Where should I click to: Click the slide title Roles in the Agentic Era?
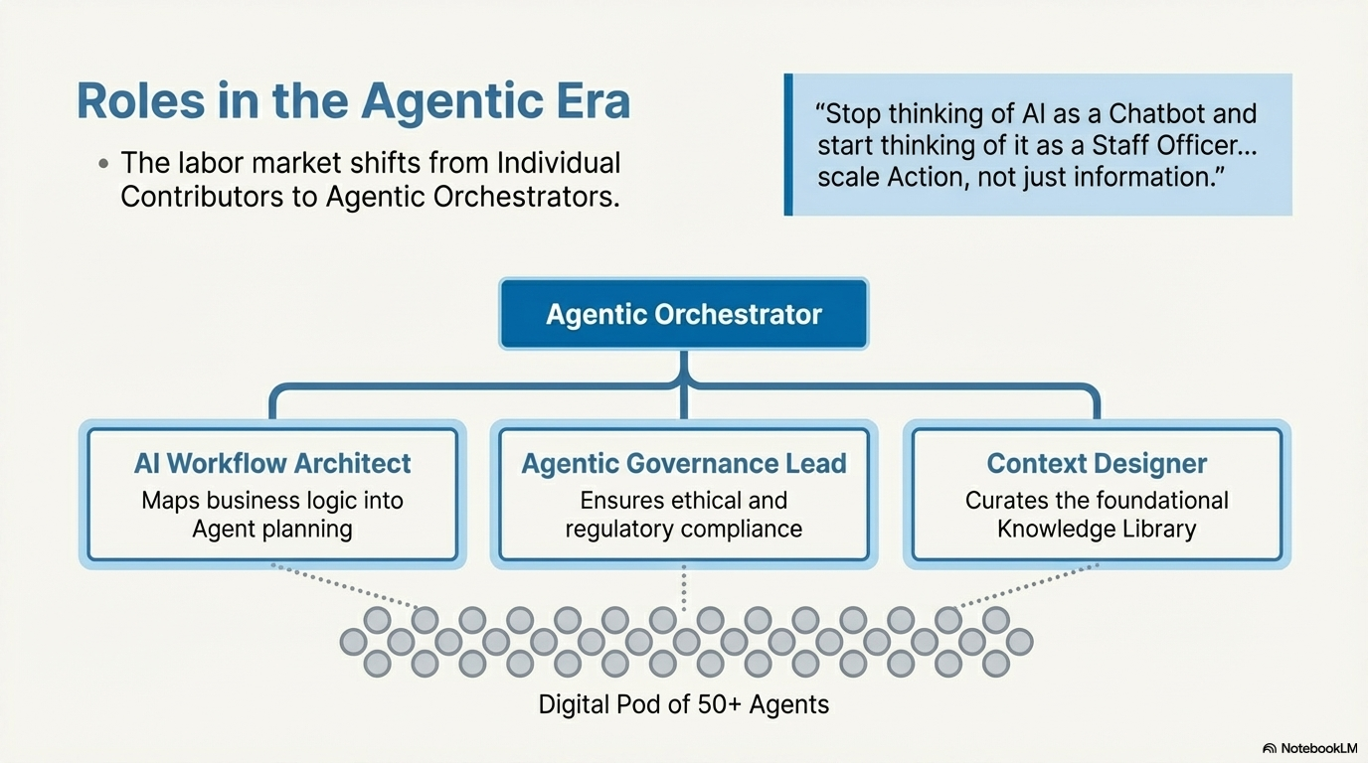[353, 102]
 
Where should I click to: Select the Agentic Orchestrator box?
[683, 315]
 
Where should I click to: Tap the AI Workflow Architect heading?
[272, 463]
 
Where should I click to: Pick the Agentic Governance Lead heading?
[684, 463]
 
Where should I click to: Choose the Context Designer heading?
[1097, 463]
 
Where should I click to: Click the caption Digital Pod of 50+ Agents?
[683, 705]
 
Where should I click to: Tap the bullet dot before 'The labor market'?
[103, 164]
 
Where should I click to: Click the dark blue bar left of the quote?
[788, 144]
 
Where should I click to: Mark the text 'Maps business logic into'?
[272, 500]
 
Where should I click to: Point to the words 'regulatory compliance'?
[684, 529]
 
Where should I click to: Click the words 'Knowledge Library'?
[1097, 529]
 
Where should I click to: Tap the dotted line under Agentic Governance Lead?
[684, 588]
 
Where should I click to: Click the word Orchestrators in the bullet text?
[528, 197]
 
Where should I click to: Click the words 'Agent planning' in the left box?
[272, 529]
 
